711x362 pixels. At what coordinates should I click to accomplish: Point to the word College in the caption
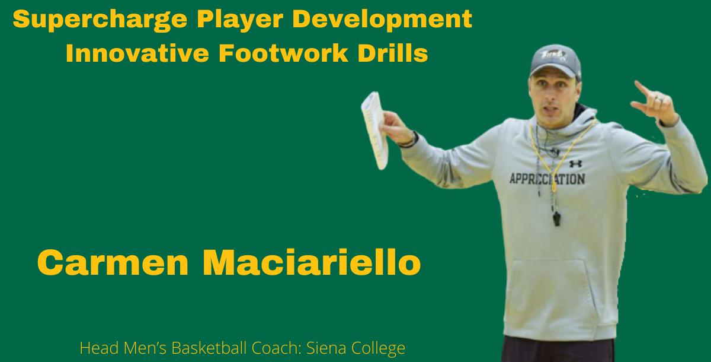(380, 348)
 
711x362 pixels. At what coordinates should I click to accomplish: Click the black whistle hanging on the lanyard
(558, 218)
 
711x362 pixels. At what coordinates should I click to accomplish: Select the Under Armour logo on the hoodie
(575, 163)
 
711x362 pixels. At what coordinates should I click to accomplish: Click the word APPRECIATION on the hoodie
(547, 179)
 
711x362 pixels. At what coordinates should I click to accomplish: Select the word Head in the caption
(95, 348)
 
